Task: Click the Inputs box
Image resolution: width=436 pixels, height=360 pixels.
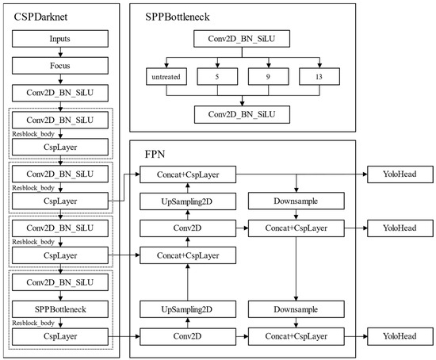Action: tap(59, 38)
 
